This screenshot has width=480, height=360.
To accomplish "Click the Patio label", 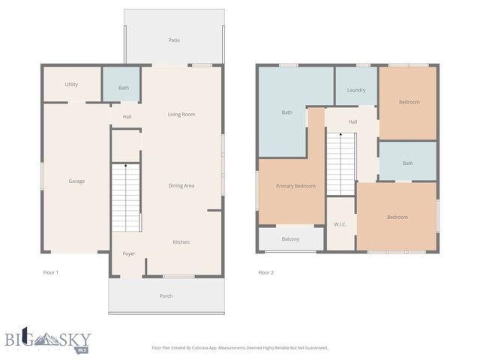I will (173, 40).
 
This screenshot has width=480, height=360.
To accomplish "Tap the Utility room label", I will (71, 85).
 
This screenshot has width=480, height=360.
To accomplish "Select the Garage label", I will (76, 181).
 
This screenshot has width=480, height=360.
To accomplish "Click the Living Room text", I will (181, 115).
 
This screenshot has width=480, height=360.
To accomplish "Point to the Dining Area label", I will (181, 185).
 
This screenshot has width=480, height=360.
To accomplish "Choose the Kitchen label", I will (181, 242).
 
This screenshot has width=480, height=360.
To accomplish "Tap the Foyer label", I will (128, 254).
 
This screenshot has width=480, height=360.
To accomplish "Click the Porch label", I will (166, 296).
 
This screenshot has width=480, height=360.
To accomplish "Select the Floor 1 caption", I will (50, 272).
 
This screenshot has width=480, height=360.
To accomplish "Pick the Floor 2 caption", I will (265, 272).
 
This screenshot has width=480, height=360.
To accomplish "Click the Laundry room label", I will (355, 91).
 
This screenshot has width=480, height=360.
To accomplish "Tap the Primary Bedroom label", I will (295, 186).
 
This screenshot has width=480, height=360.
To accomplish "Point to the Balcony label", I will (290, 239).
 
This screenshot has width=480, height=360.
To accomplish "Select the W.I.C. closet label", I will (339, 225).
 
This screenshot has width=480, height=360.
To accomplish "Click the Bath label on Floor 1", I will (123, 88).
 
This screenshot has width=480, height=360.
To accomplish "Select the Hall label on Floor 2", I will (352, 121).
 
